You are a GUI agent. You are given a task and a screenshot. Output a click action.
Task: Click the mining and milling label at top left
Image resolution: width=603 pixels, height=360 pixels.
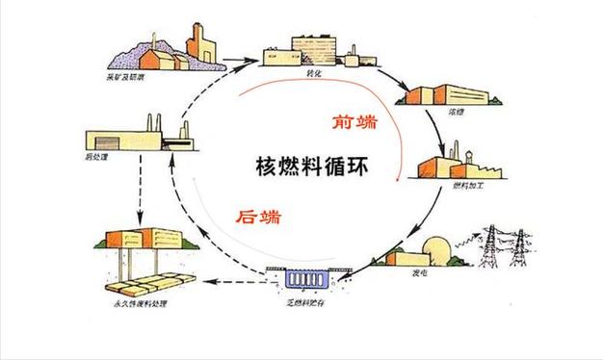pyautogui.click(x=122, y=77)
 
